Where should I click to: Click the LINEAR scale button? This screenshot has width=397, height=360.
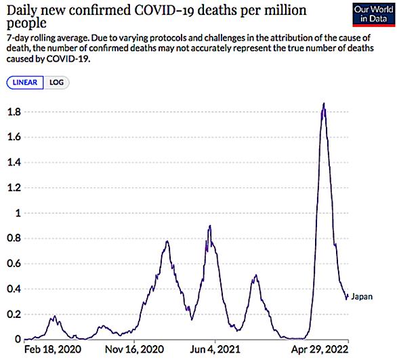pyautogui.click(x=25, y=83)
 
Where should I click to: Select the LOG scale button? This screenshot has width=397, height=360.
pyautogui.click(x=56, y=83)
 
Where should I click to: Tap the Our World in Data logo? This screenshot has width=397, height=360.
pyautogui.click(x=374, y=14)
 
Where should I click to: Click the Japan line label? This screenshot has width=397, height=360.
pyautogui.click(x=362, y=297)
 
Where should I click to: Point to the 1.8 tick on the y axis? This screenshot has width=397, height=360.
pyautogui.click(x=14, y=112)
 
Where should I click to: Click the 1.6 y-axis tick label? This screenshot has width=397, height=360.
pyautogui.click(x=14, y=137)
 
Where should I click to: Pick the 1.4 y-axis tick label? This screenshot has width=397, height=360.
pyautogui.click(x=14, y=163)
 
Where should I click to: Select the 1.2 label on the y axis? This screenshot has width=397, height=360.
pyautogui.click(x=14, y=188)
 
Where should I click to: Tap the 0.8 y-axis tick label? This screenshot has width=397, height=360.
pyautogui.click(x=14, y=238)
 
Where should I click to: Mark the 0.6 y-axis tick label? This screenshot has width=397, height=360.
pyautogui.click(x=14, y=264)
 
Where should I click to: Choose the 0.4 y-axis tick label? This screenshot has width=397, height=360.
pyautogui.click(x=14, y=289)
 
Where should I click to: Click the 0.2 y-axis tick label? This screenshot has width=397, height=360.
pyautogui.click(x=14, y=314)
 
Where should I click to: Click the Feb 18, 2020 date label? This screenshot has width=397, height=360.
pyautogui.click(x=53, y=350)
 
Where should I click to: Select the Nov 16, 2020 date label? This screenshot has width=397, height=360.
pyautogui.click(x=134, y=350)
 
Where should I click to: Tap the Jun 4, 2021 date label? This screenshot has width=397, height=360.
pyautogui.click(x=215, y=350)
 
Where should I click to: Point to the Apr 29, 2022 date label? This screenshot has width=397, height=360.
pyautogui.click(x=320, y=350)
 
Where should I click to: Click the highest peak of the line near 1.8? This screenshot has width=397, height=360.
pyautogui.click(x=324, y=103)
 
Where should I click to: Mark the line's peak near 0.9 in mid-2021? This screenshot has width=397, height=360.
pyautogui.click(x=210, y=226)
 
